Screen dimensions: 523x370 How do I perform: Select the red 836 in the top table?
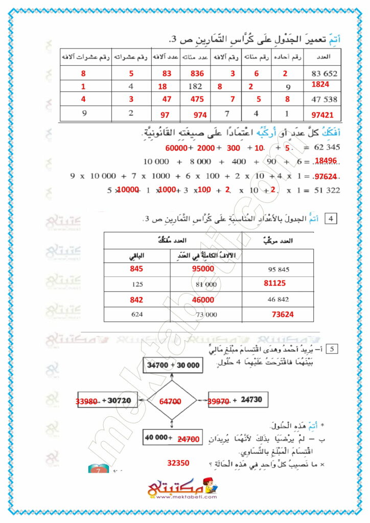point(196,74)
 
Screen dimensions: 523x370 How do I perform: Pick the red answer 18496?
point(325,161)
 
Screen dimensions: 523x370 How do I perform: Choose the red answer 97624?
point(326,177)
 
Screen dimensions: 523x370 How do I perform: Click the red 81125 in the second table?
point(274,282)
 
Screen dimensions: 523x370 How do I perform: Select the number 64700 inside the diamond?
point(171,402)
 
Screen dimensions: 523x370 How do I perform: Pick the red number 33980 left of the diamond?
point(87,402)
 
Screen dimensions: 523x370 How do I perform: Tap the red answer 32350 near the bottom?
point(178,463)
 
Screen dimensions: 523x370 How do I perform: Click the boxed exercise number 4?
point(332,219)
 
